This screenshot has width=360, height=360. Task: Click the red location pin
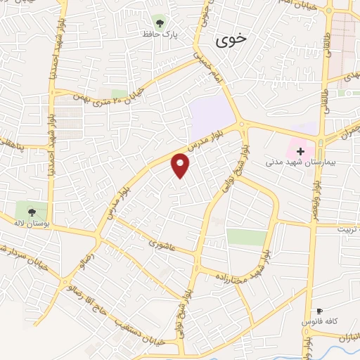[x=181, y=165]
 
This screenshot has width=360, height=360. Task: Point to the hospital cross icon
[x=301, y=151]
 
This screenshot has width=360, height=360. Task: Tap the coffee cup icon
[x=319, y=311]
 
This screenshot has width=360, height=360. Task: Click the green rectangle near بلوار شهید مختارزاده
[x=247, y=237]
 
